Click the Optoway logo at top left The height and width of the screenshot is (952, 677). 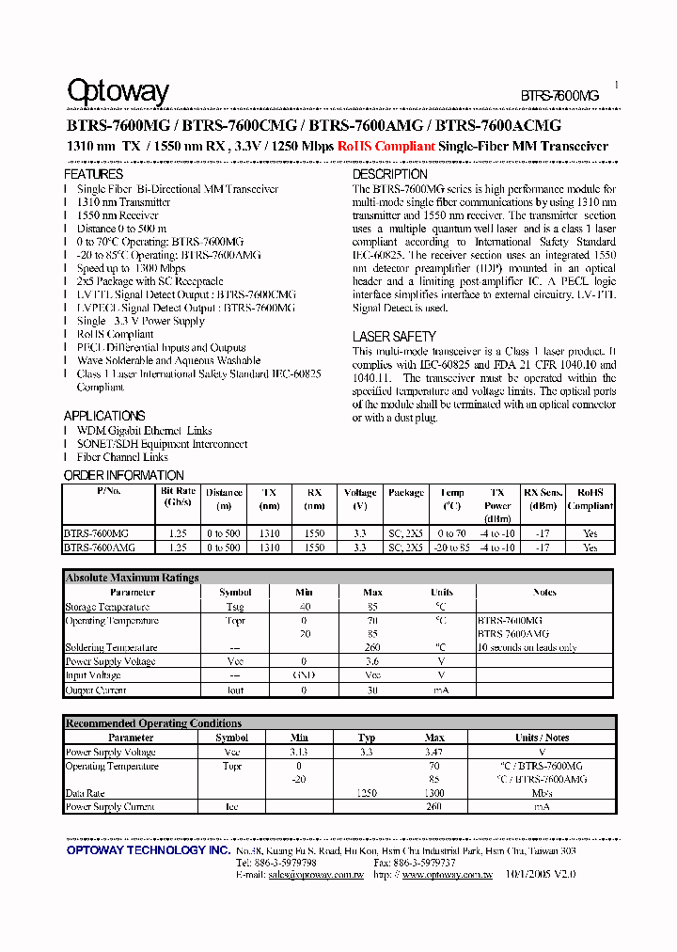pos(118,91)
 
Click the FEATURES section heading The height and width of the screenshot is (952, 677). pos(93,174)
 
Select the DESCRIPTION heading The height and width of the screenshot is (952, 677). pos(389,174)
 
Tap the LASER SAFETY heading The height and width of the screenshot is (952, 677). pos(394,336)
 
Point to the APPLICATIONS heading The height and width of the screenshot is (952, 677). pos(104,416)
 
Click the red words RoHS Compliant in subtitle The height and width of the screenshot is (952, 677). pos(386,146)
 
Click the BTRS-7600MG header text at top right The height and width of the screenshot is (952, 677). pos(559,96)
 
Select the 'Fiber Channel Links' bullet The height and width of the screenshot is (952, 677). pos(122,457)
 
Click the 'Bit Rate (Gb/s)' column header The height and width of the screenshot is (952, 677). pos(178,497)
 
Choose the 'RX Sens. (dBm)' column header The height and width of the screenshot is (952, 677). pos(543,498)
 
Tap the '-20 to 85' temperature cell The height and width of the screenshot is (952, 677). pos(452,547)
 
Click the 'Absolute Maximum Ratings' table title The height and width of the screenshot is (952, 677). pos(132,578)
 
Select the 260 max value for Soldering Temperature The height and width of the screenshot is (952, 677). pos(373,647)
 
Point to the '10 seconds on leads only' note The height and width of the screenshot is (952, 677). pos(527,647)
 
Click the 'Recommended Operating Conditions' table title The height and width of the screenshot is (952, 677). pos(153,723)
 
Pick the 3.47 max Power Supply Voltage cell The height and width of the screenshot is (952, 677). pos(434,753)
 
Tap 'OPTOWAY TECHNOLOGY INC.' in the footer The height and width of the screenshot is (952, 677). pos(149,849)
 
